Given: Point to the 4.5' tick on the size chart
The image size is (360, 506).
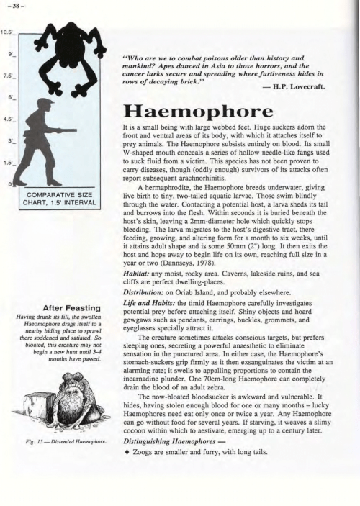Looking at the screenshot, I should tap(9, 119).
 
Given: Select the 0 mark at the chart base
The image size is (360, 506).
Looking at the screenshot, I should tap(9, 185).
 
